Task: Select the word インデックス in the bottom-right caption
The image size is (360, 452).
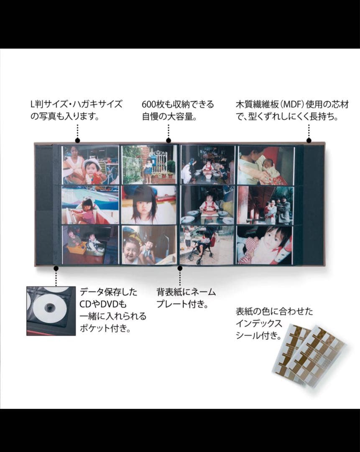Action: click(259, 324)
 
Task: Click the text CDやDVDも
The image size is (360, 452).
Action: click(103, 304)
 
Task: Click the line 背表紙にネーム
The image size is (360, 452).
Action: click(186, 292)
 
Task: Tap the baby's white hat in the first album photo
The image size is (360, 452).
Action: click(92, 163)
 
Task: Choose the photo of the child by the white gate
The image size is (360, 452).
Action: click(148, 164)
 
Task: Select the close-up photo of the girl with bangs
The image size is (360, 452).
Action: click(148, 204)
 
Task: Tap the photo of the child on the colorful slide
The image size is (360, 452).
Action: click(90, 205)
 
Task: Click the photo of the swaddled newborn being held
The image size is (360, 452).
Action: click(265, 164)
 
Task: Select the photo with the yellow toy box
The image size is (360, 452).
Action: click(90, 245)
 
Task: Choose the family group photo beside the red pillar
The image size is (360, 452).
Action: click(265, 205)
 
